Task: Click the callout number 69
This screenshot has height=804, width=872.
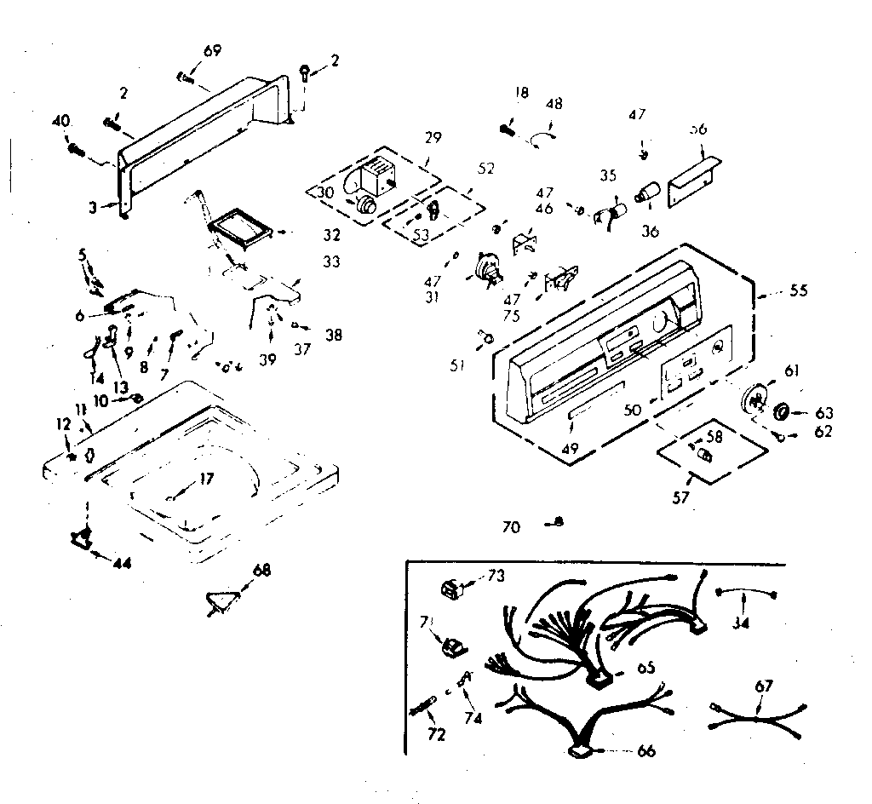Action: tap(211, 50)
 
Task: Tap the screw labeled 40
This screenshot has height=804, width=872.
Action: tap(75, 150)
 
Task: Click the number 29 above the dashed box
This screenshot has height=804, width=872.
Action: tap(433, 137)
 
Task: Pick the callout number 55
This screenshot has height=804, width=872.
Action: tap(798, 290)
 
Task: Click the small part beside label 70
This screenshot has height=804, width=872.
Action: tap(558, 522)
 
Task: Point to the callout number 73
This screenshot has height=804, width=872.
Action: tap(496, 577)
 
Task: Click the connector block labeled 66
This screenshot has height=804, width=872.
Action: tap(581, 750)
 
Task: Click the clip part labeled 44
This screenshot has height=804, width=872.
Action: tap(83, 537)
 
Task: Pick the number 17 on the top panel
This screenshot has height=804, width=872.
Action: tap(206, 479)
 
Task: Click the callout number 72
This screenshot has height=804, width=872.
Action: tap(435, 734)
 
